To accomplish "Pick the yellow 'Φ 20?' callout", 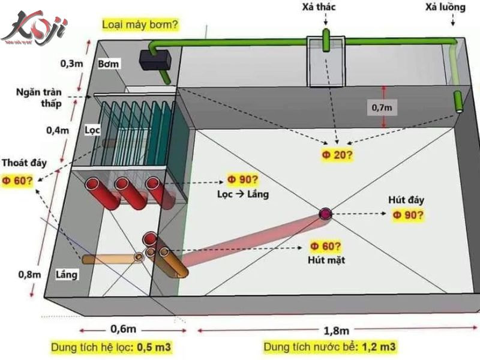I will [x=337, y=155].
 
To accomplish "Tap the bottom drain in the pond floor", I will [x=325, y=213].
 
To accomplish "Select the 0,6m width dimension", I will [x=122, y=329].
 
